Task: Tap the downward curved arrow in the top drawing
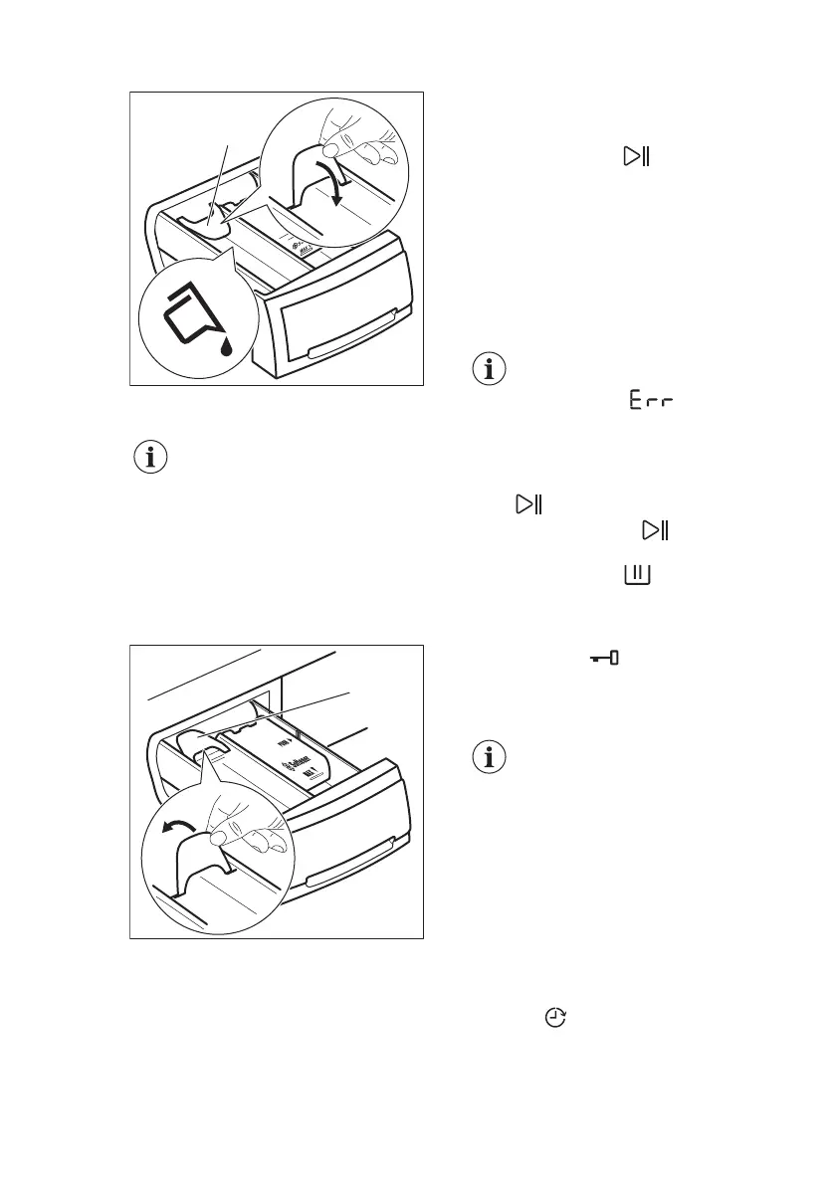(337, 186)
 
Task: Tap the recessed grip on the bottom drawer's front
(343, 876)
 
